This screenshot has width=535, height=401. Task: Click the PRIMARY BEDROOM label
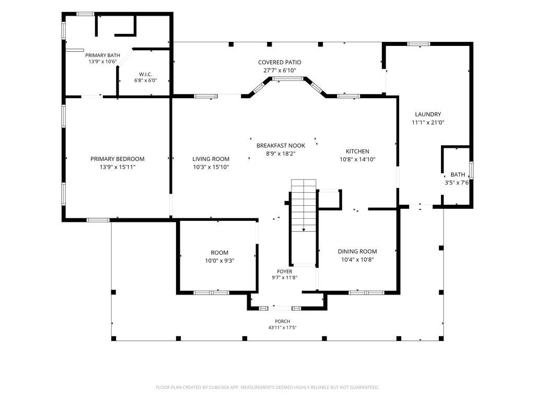click(118, 159)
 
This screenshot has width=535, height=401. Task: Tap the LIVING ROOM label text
click(211, 159)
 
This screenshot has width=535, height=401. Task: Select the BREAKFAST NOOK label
click(281, 146)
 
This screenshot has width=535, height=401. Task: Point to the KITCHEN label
click(357, 151)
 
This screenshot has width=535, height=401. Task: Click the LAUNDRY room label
click(428, 114)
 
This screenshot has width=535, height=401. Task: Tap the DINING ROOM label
click(357, 252)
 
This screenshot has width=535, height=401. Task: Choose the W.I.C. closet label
click(146, 74)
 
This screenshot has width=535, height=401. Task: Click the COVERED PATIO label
click(280, 63)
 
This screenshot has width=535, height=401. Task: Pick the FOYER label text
click(285, 272)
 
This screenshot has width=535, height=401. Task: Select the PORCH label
click(283, 321)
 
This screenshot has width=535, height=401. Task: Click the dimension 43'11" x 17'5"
click(283, 328)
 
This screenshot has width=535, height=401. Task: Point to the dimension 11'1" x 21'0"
click(428, 123)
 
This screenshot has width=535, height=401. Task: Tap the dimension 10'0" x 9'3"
click(219, 261)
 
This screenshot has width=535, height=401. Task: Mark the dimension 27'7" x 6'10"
click(280, 70)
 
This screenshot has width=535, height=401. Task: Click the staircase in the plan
click(304, 221)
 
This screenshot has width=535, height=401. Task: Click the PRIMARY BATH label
click(103, 55)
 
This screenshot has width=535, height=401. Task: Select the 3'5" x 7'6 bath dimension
click(457, 183)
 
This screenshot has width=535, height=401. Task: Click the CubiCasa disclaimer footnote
click(267, 387)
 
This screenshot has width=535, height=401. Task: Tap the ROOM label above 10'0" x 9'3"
click(219, 253)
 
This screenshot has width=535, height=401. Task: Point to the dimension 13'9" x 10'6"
click(103, 62)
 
